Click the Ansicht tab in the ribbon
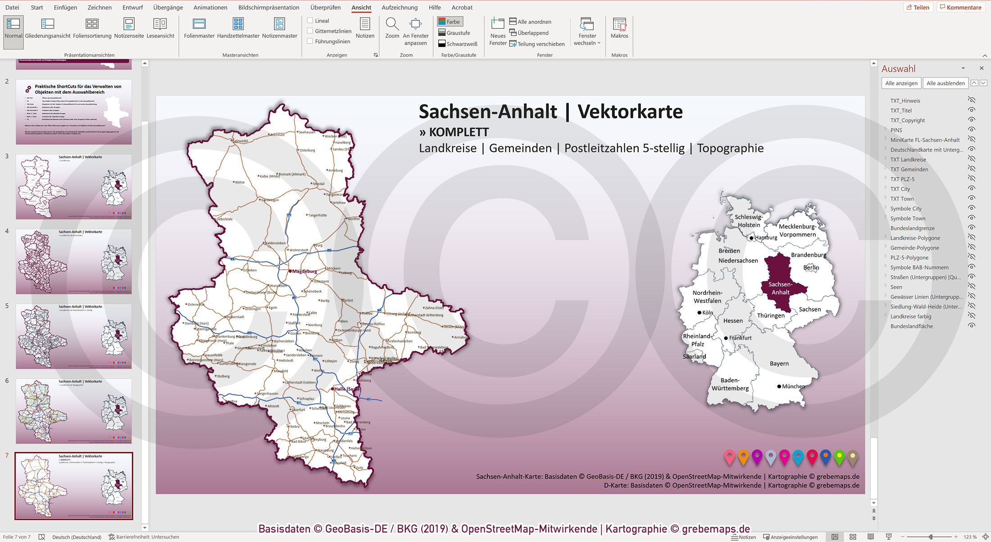pos(361,8)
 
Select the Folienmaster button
pos(199,28)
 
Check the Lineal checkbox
pos(310,21)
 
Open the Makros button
pos(619,28)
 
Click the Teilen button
pos(918,7)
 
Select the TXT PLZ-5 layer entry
pos(902,179)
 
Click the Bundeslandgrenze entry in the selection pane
pos(912,228)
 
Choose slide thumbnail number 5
pos(74,336)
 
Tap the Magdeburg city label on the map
pos(305,271)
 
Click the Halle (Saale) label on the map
pos(346,389)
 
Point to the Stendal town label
pos(318,184)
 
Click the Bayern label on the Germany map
pos(779,363)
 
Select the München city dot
pos(779,386)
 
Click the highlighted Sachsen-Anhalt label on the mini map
pos(780,288)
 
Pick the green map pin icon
pos(839,457)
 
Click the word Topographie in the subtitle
pos(730,148)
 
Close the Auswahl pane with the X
pos(982,68)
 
